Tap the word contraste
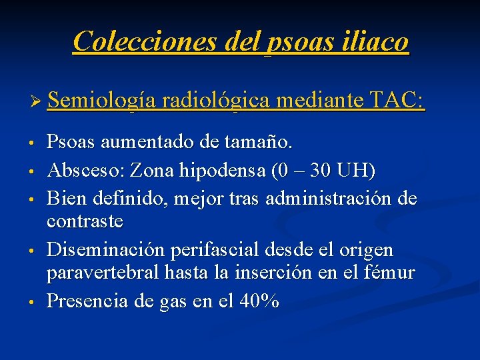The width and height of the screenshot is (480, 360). (87, 221)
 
